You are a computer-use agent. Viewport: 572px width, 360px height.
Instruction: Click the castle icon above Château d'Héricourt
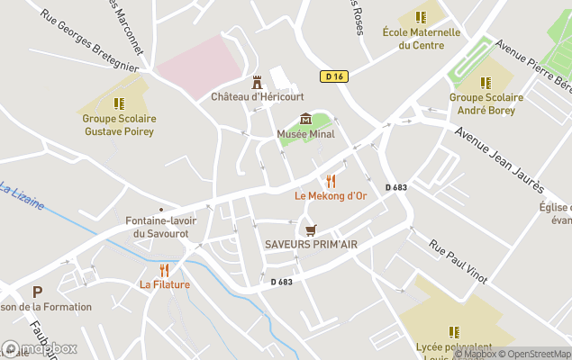(x=257, y=82)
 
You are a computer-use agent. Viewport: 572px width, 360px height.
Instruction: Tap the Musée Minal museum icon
(x=305, y=120)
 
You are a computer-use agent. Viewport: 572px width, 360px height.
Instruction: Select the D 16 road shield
(x=333, y=77)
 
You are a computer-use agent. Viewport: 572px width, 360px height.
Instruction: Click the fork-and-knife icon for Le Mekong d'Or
(x=331, y=180)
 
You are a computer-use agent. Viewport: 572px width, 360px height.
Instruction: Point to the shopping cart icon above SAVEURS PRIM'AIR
(x=311, y=230)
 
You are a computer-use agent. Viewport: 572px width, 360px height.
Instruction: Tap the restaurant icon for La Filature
(x=164, y=270)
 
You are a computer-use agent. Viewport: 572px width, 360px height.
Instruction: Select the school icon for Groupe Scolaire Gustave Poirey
(x=119, y=103)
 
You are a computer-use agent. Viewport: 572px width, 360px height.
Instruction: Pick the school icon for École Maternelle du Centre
(x=421, y=17)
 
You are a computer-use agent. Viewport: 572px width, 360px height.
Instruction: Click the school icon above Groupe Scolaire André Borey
(x=486, y=83)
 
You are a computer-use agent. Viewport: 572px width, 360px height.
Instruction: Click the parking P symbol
(x=37, y=292)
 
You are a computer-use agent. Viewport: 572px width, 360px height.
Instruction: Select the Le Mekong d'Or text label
(x=331, y=195)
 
